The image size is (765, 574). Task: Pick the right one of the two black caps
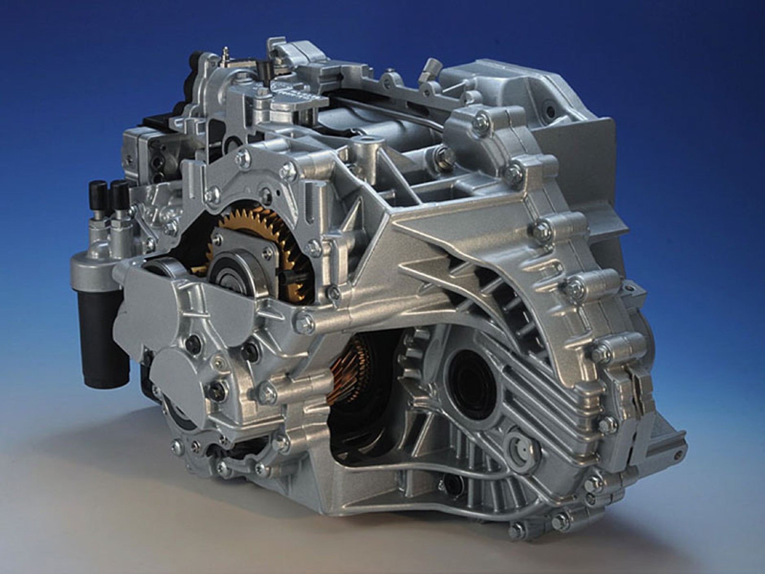point(120,193)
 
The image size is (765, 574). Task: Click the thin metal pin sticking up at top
point(225,53)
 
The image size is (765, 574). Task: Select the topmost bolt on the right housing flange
point(481,120)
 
